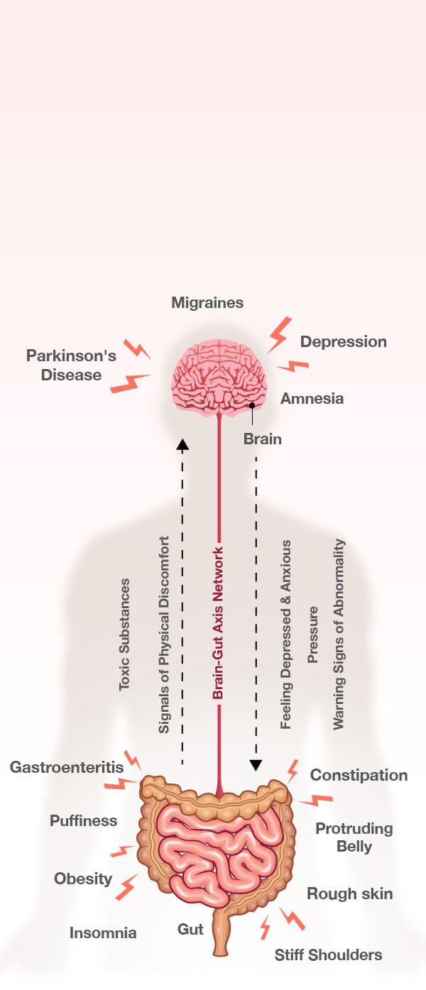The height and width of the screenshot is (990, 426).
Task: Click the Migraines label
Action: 207,303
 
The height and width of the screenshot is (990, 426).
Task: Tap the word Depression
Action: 343,341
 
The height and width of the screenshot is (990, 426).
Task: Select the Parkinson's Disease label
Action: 71,365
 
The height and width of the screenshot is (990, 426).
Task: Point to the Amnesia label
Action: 312,398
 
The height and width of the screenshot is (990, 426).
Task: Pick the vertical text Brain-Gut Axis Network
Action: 219,623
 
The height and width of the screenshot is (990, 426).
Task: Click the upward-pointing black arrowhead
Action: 182,445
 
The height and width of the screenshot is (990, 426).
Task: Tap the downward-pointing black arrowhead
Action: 256,765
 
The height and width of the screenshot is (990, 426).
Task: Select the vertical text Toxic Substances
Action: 125,634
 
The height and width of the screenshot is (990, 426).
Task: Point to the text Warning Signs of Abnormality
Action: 339,634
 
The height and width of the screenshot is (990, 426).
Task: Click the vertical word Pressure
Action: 312,634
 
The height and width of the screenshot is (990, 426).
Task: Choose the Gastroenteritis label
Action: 67,767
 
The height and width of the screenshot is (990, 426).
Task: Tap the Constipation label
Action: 359,775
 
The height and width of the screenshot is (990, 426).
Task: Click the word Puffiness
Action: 83,820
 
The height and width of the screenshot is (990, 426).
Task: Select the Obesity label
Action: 83,879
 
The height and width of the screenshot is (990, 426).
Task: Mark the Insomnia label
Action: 103,933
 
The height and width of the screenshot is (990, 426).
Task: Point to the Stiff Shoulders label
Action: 328,955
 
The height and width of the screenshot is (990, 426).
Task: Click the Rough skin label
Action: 349,893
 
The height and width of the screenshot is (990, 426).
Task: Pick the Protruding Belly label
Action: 354,837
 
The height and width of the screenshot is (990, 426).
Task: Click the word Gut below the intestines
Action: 190,929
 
